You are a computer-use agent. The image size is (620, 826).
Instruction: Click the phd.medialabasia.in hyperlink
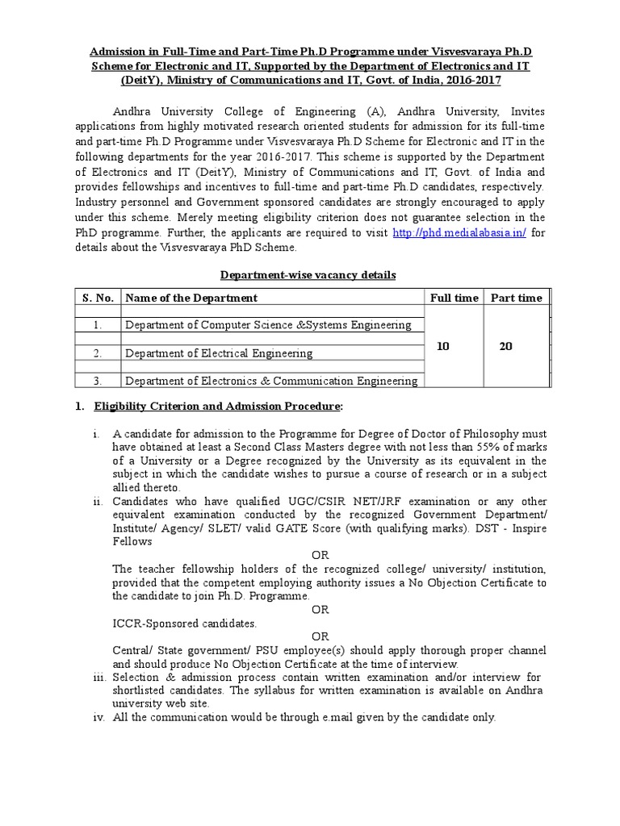coord(459,233)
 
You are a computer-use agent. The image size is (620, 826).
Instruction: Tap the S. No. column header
coord(98,298)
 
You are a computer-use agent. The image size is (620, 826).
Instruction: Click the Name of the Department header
coord(191,298)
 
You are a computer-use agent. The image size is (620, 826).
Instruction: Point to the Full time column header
coord(454,298)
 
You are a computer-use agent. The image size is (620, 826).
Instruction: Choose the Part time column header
coord(517,298)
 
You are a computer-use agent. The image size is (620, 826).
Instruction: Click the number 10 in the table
coord(443,346)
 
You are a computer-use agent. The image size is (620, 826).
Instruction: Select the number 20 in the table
coord(506,346)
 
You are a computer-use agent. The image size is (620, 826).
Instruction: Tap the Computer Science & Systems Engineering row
coord(268,325)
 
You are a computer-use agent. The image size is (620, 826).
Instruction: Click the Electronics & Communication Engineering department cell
coord(271,382)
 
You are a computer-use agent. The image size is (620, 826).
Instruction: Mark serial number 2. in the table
coord(97,353)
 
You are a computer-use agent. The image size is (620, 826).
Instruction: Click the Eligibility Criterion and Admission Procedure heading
coord(218,406)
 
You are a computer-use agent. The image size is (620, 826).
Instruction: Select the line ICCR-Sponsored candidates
coord(185,624)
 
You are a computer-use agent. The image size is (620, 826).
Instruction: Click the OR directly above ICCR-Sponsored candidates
coord(320,610)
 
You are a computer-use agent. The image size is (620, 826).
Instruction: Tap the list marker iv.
coord(98,717)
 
